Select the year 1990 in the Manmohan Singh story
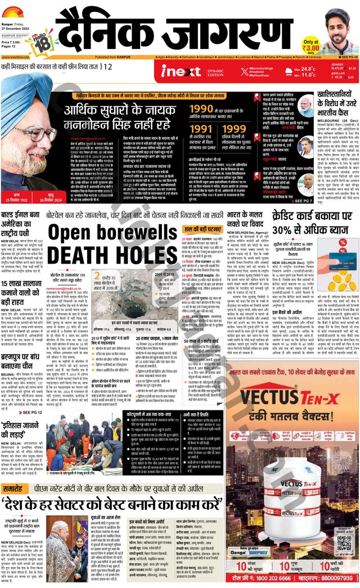tap(201, 109)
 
